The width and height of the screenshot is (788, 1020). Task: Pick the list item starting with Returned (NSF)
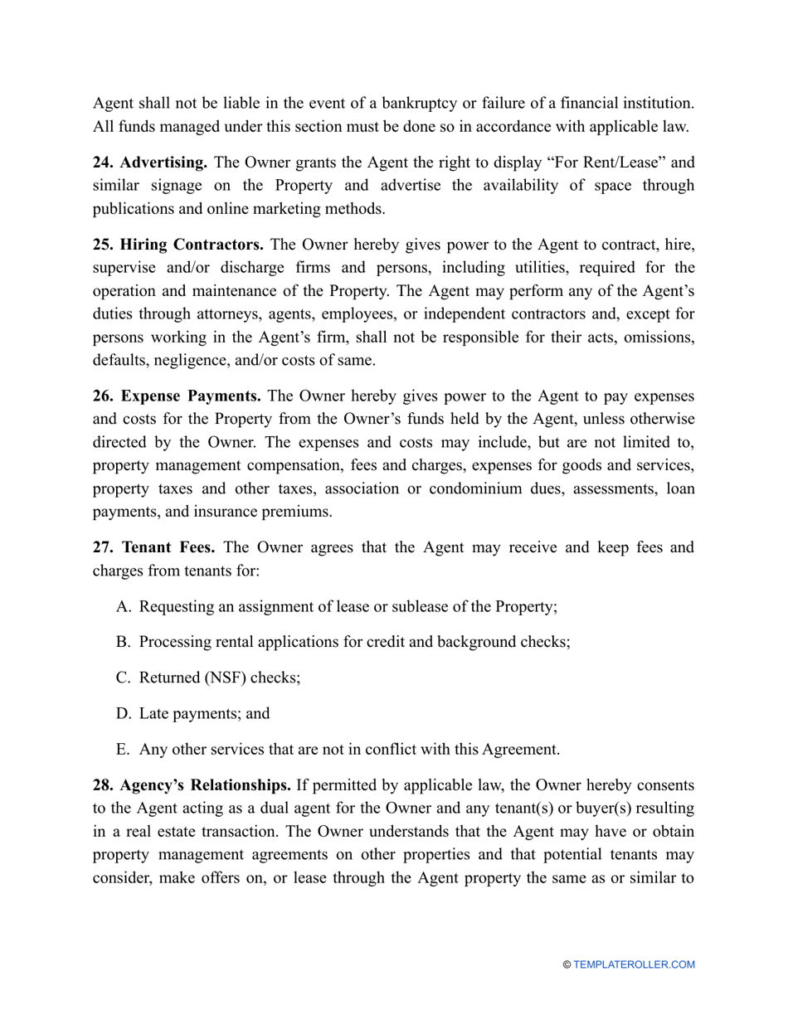coord(219,678)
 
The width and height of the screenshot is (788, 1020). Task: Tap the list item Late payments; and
coord(204,713)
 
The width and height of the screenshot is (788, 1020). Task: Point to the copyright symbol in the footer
coord(567,964)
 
